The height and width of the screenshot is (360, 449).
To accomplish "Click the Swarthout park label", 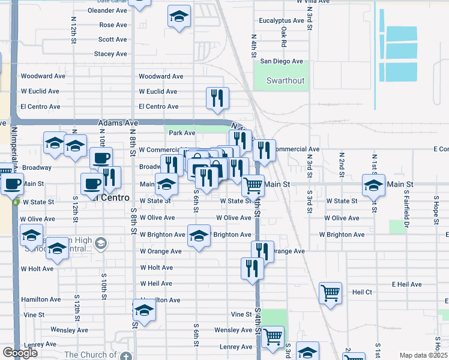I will coord(286,80).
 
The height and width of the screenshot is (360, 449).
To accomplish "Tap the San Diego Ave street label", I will coord(282,61).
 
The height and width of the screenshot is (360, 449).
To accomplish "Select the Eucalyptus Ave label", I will coord(282,20).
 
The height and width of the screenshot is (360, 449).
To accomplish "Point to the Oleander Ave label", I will coord(107,10).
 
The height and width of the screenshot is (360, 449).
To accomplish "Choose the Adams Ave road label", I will coord(118,122).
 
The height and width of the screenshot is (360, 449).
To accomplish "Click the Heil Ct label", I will coord(363,292).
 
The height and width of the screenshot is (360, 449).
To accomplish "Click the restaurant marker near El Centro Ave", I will coord(217,98).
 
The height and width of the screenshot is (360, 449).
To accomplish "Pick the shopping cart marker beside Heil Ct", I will coord(330,293).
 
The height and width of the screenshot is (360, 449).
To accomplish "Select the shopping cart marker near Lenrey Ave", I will coord(273,336).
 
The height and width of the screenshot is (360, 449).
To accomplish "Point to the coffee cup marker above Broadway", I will coord(101,158).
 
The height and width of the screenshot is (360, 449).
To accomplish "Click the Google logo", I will coord(20,353).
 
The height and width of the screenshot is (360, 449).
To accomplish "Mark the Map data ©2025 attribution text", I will coord(423,355).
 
